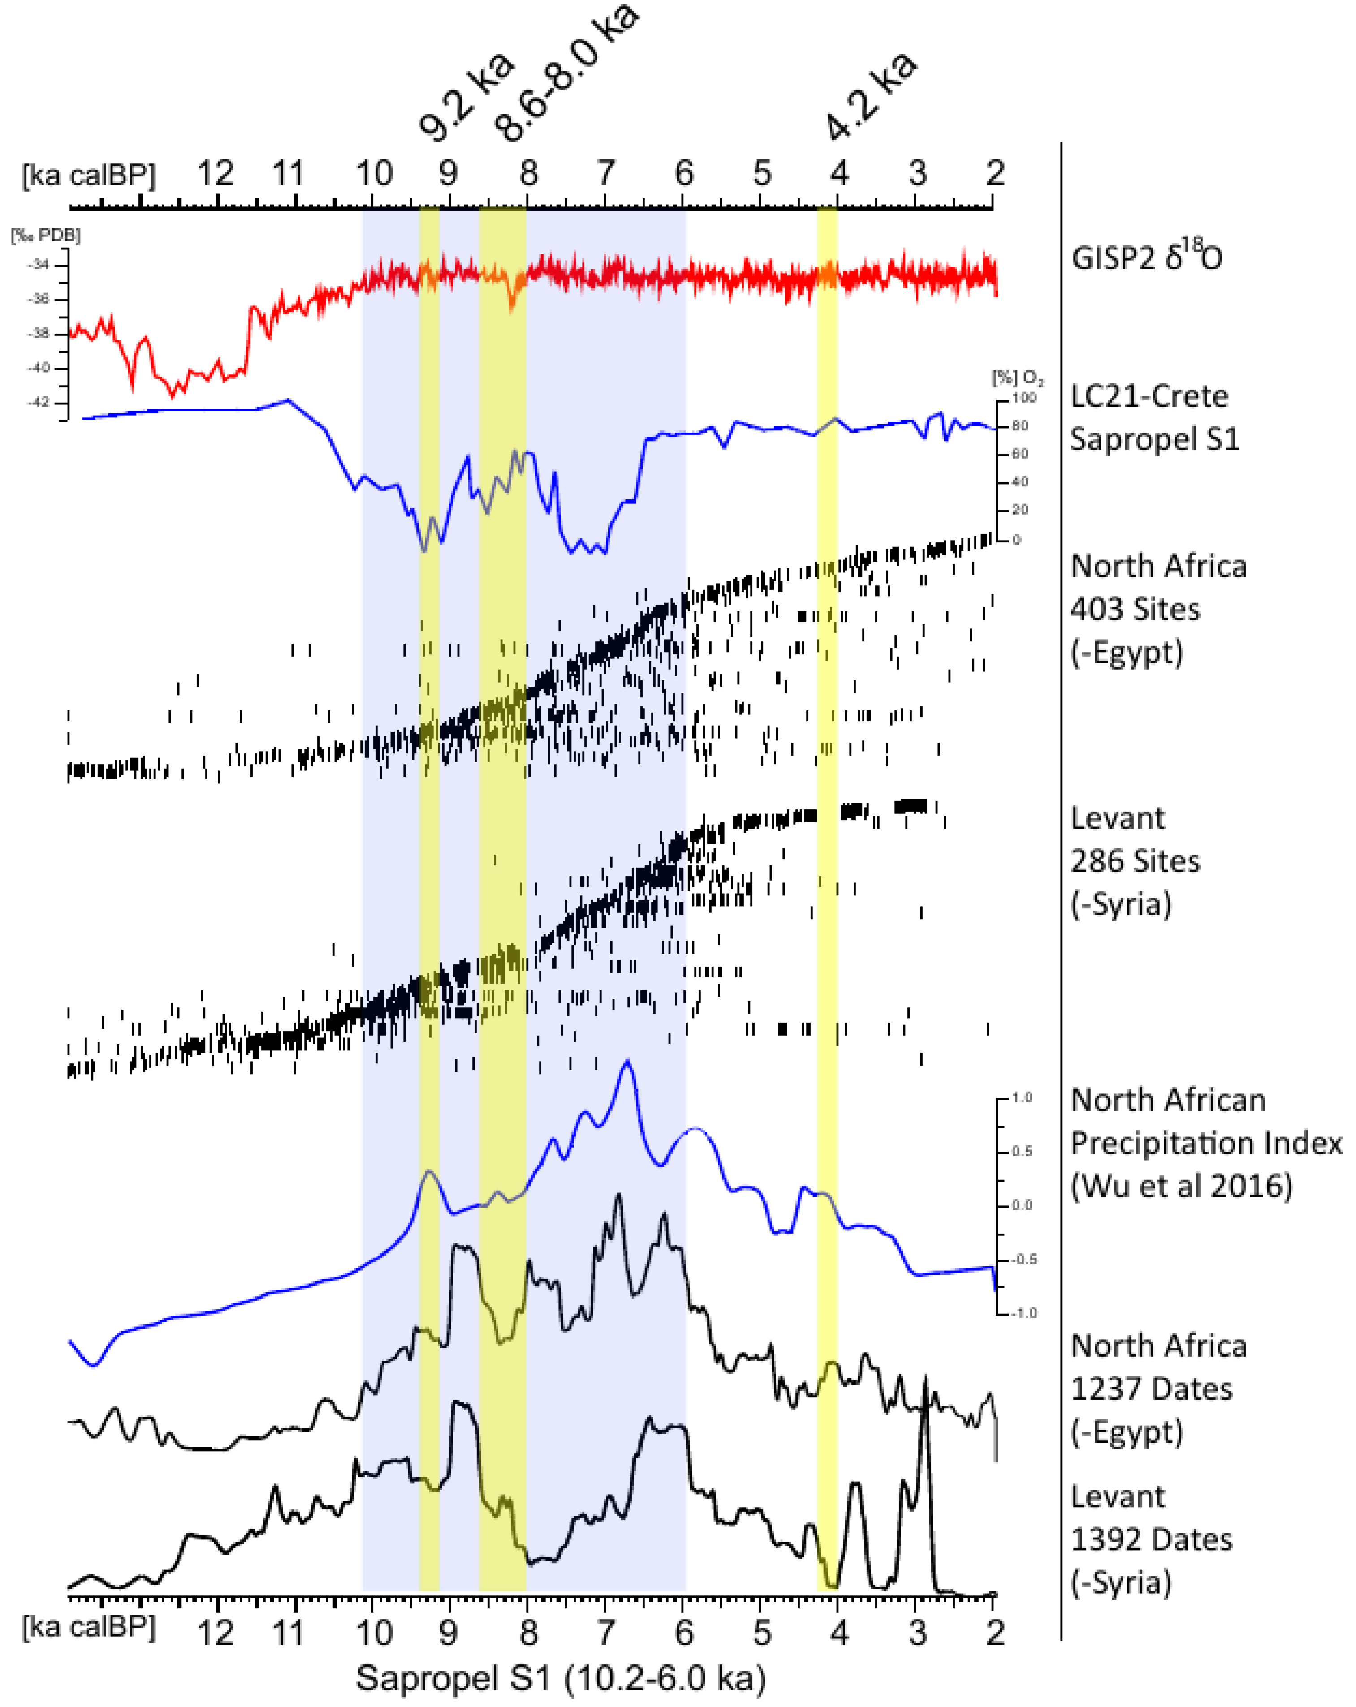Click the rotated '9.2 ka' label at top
tap(466, 97)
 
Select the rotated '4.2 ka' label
tap(870, 97)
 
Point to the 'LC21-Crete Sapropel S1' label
tap(1153, 417)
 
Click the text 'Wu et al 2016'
tap(1181, 1186)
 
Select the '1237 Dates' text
tap(1151, 1389)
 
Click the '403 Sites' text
tap(1134, 609)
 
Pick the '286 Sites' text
tap(1134, 860)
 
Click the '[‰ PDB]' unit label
tap(45, 235)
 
